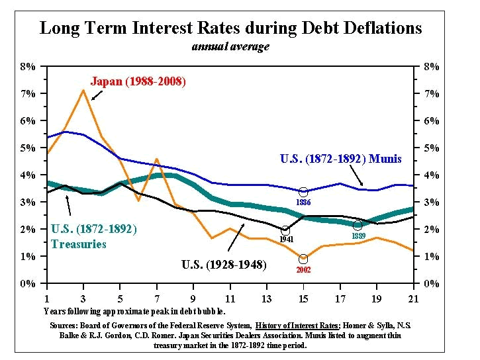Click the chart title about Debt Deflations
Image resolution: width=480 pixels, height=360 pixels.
[x=230, y=28]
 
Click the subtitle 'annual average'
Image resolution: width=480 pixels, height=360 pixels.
[x=230, y=46]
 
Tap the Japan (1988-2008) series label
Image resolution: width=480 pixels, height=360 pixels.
[x=138, y=81]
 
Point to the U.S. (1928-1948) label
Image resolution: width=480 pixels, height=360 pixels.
[x=224, y=265]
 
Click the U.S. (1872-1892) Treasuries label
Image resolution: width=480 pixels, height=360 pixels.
[x=93, y=237]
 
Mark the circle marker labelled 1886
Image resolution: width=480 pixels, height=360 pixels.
[x=303, y=192]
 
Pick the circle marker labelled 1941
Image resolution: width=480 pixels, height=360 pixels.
[x=285, y=230]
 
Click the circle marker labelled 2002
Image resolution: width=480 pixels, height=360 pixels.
[x=303, y=259]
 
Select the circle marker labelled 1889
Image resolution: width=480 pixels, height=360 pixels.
[x=358, y=226]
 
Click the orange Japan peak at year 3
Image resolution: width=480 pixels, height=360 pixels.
[x=83, y=89]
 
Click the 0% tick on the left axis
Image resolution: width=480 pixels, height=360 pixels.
[x=28, y=284]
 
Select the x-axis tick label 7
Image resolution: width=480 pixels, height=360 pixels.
[x=156, y=298]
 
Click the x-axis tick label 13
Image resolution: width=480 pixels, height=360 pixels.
[x=266, y=298]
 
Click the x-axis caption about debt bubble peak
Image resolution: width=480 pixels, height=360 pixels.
[x=134, y=310]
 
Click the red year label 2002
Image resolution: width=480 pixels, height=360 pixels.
[x=303, y=271]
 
